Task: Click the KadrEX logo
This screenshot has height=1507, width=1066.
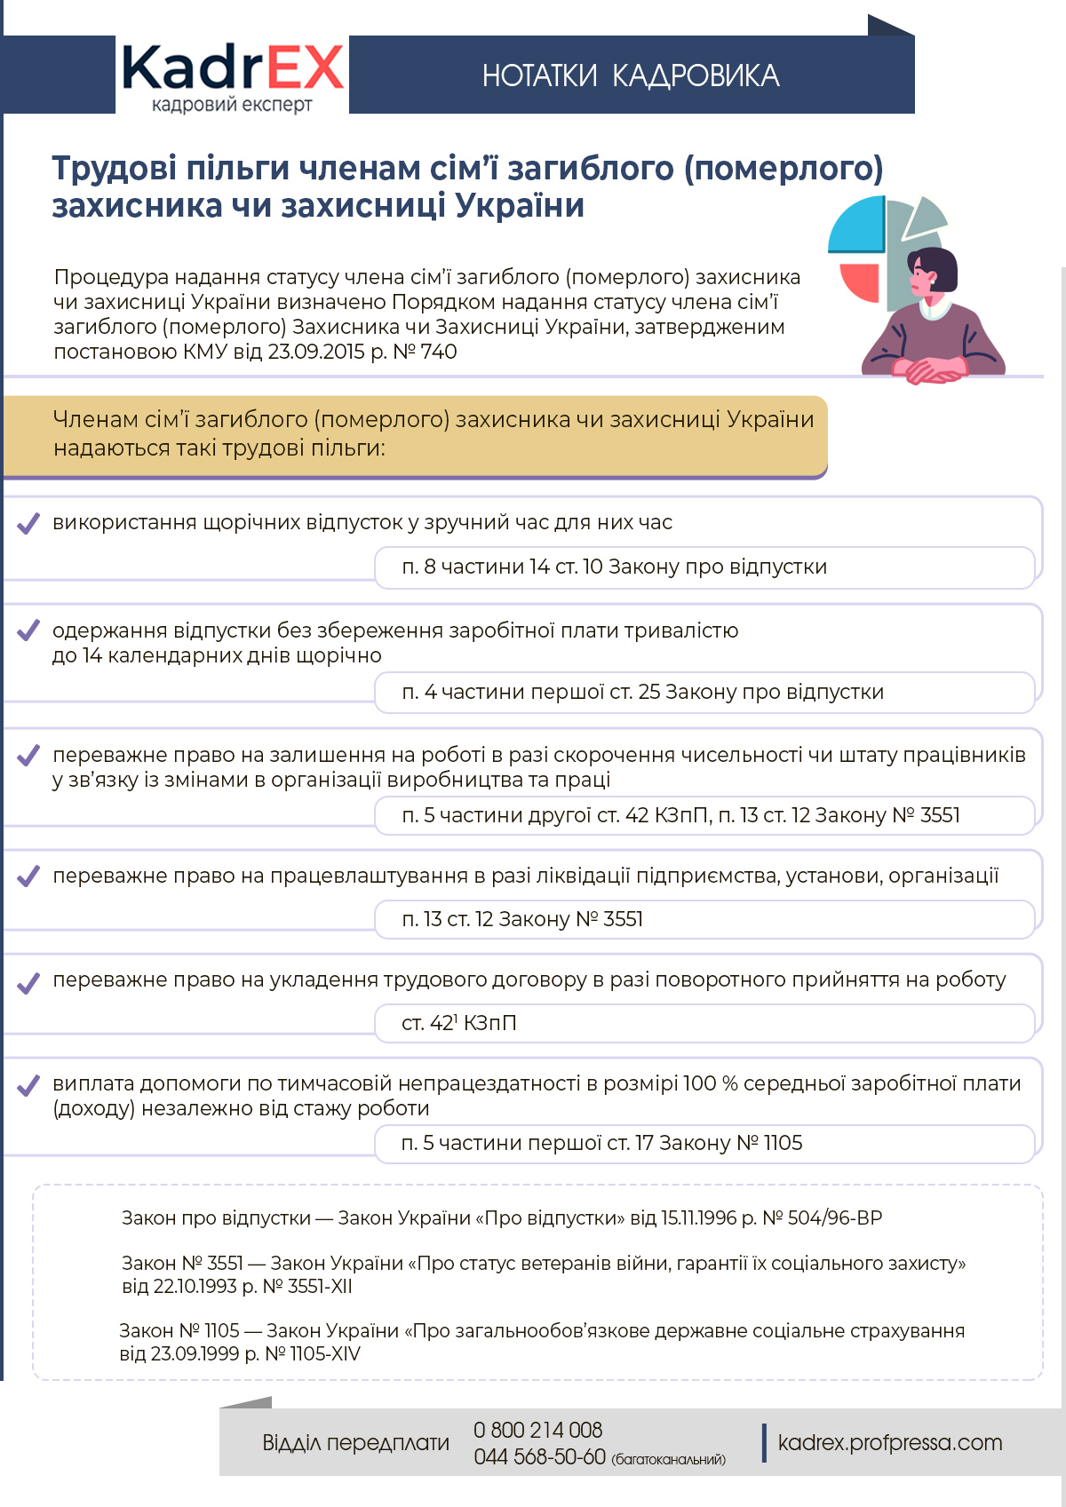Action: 232,75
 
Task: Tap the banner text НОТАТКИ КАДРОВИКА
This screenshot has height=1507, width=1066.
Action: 631,76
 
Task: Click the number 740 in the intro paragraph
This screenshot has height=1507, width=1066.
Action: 439,352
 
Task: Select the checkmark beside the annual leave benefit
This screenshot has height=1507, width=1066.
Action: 28,523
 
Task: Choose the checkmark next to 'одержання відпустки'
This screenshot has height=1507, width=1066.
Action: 28,631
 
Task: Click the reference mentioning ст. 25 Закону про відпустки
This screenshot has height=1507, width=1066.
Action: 642,692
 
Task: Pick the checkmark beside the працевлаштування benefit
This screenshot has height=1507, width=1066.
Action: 28,876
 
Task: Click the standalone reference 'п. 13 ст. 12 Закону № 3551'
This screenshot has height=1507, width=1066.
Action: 522,919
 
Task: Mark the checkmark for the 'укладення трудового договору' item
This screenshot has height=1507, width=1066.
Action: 28,982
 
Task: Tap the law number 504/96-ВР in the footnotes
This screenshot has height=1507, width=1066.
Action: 834,1218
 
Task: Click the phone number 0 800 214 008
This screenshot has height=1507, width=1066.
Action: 537,1430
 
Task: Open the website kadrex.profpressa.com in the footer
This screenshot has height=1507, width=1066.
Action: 889,1443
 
